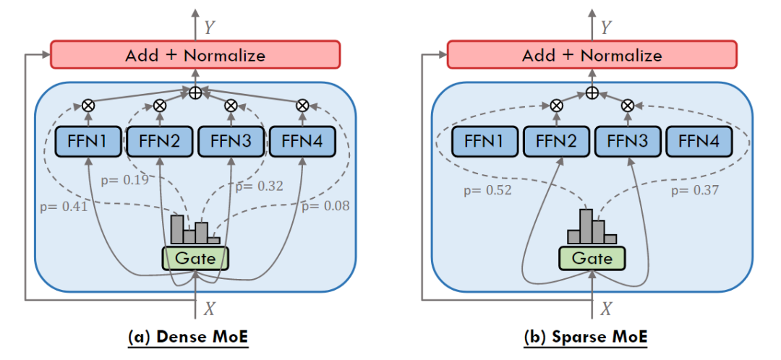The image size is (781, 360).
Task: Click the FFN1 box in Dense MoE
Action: click(88, 142)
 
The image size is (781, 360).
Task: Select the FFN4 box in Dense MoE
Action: click(302, 142)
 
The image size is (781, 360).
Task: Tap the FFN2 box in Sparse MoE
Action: click(556, 142)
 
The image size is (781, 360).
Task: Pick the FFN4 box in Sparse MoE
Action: click(699, 142)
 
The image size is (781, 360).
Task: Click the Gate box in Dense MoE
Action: click(195, 258)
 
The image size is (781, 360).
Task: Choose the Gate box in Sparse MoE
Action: click(592, 257)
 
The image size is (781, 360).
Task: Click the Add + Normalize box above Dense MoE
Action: click(195, 54)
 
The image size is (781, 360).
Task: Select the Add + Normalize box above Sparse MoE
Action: click(592, 54)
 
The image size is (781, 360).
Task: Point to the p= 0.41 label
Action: click(64, 206)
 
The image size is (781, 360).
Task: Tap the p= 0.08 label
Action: click(325, 206)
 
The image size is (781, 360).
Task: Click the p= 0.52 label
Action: click(487, 190)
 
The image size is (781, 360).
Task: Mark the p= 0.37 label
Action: click(695, 190)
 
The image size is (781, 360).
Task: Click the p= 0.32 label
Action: click(259, 187)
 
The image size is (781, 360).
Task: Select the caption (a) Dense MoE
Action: click(188, 337)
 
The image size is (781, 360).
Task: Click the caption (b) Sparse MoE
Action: click(586, 337)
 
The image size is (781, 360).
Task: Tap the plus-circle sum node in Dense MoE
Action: click(195, 93)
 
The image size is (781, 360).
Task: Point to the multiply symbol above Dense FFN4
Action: click(302, 105)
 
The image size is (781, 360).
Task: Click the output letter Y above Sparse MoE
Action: click(606, 28)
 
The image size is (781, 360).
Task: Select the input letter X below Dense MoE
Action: click(210, 309)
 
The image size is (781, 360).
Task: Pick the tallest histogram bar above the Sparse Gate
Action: click(586, 226)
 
